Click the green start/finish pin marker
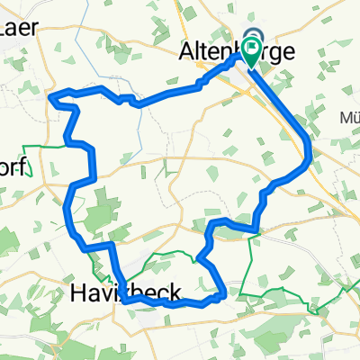point(250,51)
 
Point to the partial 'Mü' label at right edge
point(348,116)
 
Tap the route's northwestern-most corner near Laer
point(54,95)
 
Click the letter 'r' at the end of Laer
point(33,28)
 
